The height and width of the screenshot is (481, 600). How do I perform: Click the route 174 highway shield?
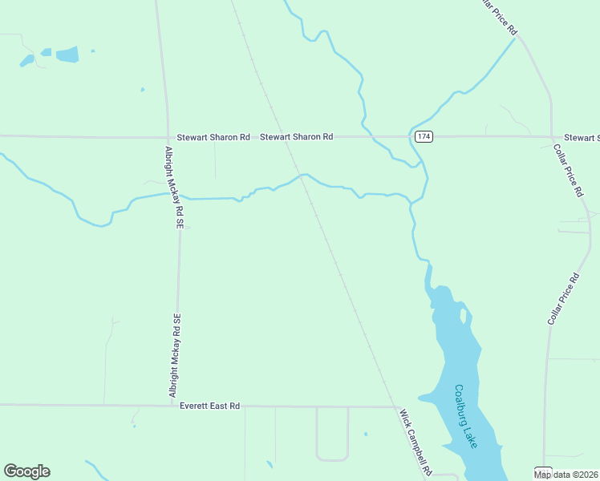pyautogui.click(x=424, y=137)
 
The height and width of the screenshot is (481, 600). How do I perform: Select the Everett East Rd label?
pyautogui.click(x=210, y=406)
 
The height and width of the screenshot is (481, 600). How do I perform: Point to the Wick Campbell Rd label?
pyautogui.click(x=416, y=441)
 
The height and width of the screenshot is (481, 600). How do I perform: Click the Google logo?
pyautogui.click(x=26, y=471)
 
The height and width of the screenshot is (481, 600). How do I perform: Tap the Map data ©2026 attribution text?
pyautogui.click(x=566, y=475)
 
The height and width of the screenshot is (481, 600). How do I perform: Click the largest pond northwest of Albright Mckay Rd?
pyautogui.click(x=67, y=55)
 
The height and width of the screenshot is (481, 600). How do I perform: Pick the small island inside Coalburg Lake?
pyautogui.click(x=463, y=315)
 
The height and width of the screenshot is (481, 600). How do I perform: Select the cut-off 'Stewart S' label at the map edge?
pyautogui.click(x=582, y=138)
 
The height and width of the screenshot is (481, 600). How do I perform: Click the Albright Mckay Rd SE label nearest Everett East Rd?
pyautogui.click(x=176, y=354)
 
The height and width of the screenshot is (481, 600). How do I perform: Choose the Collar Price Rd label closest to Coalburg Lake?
pyautogui.click(x=563, y=299)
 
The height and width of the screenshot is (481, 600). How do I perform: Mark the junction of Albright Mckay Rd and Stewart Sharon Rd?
pyautogui.click(x=168, y=137)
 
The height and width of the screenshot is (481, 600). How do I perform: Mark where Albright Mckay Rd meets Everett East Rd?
pyautogui.click(x=177, y=406)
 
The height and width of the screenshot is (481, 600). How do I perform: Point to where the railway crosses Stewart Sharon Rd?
pyautogui.click(x=278, y=137)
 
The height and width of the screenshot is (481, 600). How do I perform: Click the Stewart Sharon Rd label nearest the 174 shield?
pyautogui.click(x=296, y=137)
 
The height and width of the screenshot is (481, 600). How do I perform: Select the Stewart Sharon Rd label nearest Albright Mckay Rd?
pyautogui.click(x=213, y=137)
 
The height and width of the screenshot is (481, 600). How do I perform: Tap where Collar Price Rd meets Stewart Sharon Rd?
pyautogui.click(x=553, y=137)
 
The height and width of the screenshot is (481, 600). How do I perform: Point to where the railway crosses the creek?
pyautogui.click(x=302, y=176)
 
